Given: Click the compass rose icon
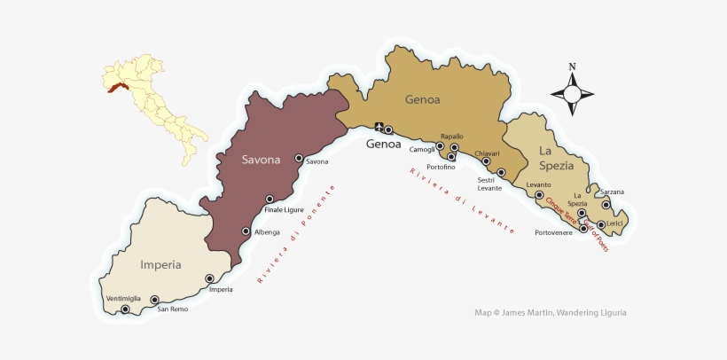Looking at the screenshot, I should (572, 90).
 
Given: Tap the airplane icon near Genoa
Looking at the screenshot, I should (379, 127).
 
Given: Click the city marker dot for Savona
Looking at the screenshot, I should (299, 158).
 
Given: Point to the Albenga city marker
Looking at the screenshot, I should (246, 231).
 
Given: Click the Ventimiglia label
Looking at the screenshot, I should (123, 298).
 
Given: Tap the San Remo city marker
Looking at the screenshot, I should (154, 300).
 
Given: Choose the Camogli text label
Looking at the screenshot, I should (421, 149).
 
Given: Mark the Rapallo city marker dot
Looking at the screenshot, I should (455, 148).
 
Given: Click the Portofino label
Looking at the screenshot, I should (441, 167).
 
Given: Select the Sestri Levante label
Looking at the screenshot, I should (489, 184).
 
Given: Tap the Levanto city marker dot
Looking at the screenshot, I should (539, 194).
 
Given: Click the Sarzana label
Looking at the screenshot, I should (612, 192).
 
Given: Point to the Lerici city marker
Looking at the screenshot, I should (601, 224).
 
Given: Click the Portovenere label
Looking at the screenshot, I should (553, 232).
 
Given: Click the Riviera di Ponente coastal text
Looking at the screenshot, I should (296, 235).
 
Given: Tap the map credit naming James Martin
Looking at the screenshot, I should (551, 312).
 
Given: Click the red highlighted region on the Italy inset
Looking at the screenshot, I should (116, 87).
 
